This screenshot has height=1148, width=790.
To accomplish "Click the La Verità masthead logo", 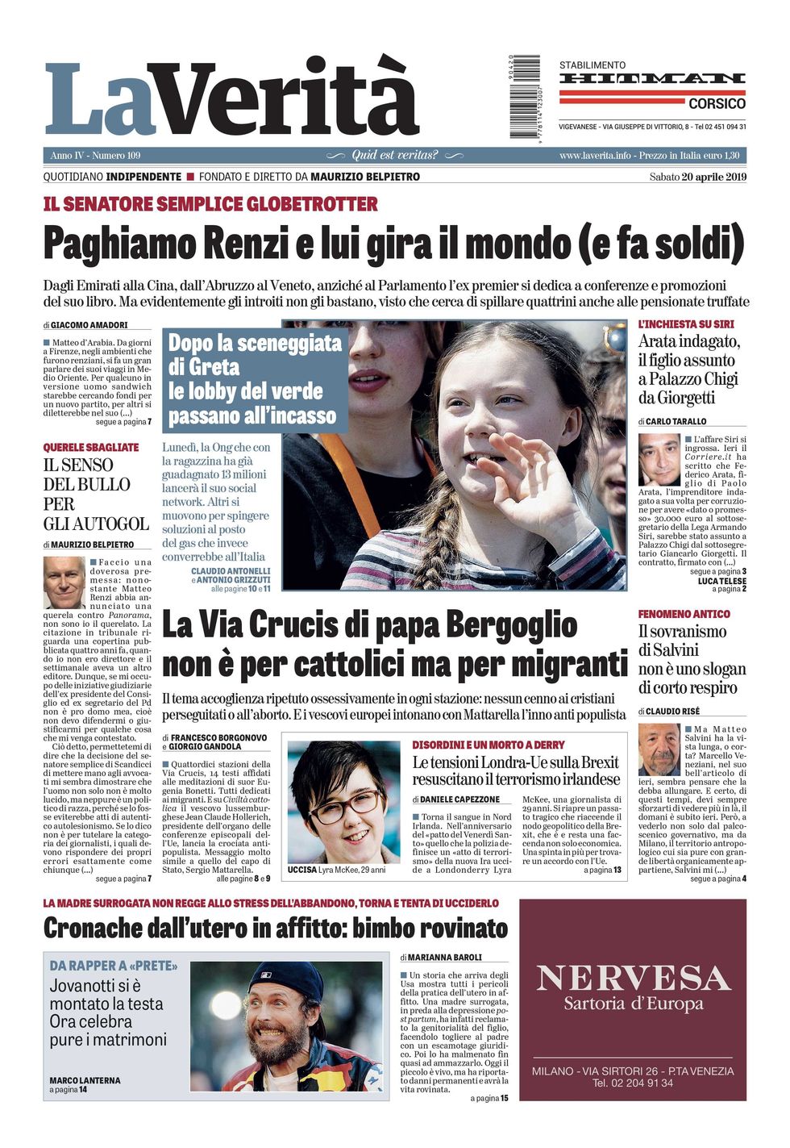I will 231,98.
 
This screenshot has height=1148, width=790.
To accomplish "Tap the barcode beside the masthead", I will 525,96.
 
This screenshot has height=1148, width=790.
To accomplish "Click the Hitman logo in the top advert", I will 652,78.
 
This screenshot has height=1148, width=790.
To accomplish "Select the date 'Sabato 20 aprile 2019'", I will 697,177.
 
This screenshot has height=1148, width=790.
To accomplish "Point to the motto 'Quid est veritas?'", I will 395,155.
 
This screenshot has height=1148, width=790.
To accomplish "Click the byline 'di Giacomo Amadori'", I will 85,325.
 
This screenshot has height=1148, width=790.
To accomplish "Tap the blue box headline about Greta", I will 255,379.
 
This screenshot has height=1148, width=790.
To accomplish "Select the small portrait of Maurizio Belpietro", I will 64,582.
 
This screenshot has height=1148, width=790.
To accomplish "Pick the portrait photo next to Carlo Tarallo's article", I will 659,459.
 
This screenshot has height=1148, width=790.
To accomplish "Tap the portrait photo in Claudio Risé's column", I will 659,749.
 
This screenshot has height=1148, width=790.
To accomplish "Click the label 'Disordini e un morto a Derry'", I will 489,745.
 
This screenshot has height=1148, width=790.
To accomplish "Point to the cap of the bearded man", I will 276,979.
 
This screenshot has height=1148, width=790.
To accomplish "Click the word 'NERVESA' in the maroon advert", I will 633,979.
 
